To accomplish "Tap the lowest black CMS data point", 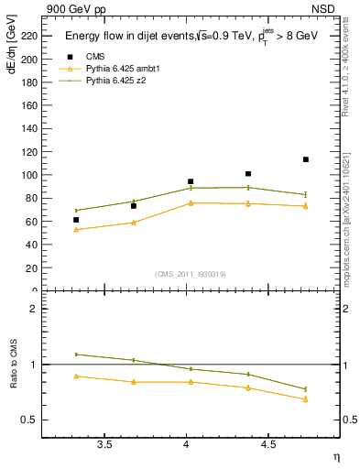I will pos(76,220).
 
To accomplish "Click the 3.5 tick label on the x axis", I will pos(104,445).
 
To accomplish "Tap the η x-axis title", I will pos(335,456).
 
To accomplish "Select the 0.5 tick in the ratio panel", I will pos(31,420).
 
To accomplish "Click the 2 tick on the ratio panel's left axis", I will pos(35,310).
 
